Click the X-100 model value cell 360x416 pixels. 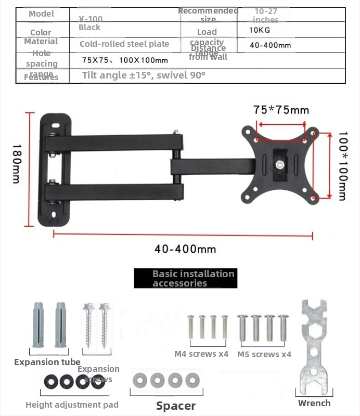[x=91, y=18]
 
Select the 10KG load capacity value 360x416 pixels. [x=260, y=30]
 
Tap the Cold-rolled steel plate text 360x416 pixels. [x=124, y=44]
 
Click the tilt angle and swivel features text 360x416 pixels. [x=144, y=75]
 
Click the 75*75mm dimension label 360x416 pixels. [x=281, y=110]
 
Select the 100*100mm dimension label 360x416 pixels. [x=341, y=166]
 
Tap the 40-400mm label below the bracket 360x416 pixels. [x=185, y=249]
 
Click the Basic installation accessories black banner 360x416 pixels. [x=186, y=278]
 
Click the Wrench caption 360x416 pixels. [x=314, y=403]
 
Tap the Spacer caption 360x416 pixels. [x=176, y=406]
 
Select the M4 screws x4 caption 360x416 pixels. [x=201, y=354]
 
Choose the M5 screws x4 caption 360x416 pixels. [x=264, y=355]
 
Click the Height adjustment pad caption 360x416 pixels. [x=72, y=405]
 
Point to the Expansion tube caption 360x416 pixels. [x=47, y=362]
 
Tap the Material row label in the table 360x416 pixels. [x=41, y=41]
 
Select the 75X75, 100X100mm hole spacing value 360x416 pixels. [x=125, y=60]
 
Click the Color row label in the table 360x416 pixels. [x=41, y=32]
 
